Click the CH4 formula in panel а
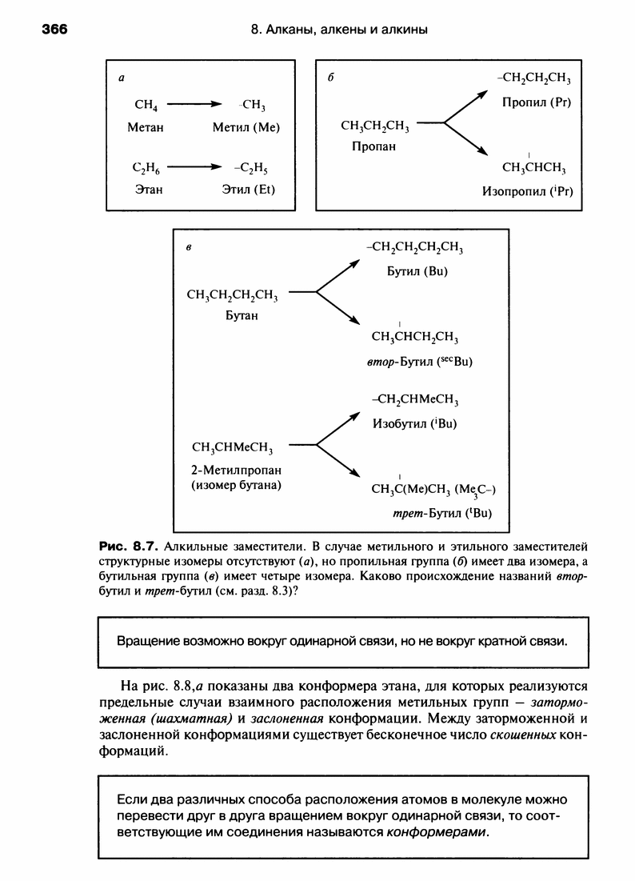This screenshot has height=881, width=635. click(145, 105)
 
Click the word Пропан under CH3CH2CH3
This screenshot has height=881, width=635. click(373, 146)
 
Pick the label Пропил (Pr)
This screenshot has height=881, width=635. click(536, 102)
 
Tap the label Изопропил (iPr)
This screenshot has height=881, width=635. click(528, 191)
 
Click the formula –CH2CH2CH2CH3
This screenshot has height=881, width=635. click(416, 249)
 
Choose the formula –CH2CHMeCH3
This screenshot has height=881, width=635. click(416, 400)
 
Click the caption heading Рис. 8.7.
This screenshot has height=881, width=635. click(127, 548)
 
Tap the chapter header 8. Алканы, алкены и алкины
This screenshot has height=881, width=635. click(339, 30)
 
